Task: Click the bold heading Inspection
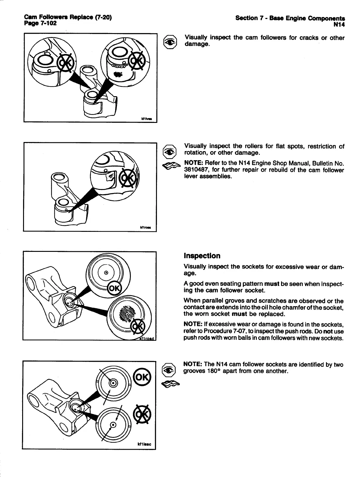(x=202, y=256)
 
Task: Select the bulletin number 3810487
(x=195, y=170)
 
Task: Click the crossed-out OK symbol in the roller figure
(x=127, y=179)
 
